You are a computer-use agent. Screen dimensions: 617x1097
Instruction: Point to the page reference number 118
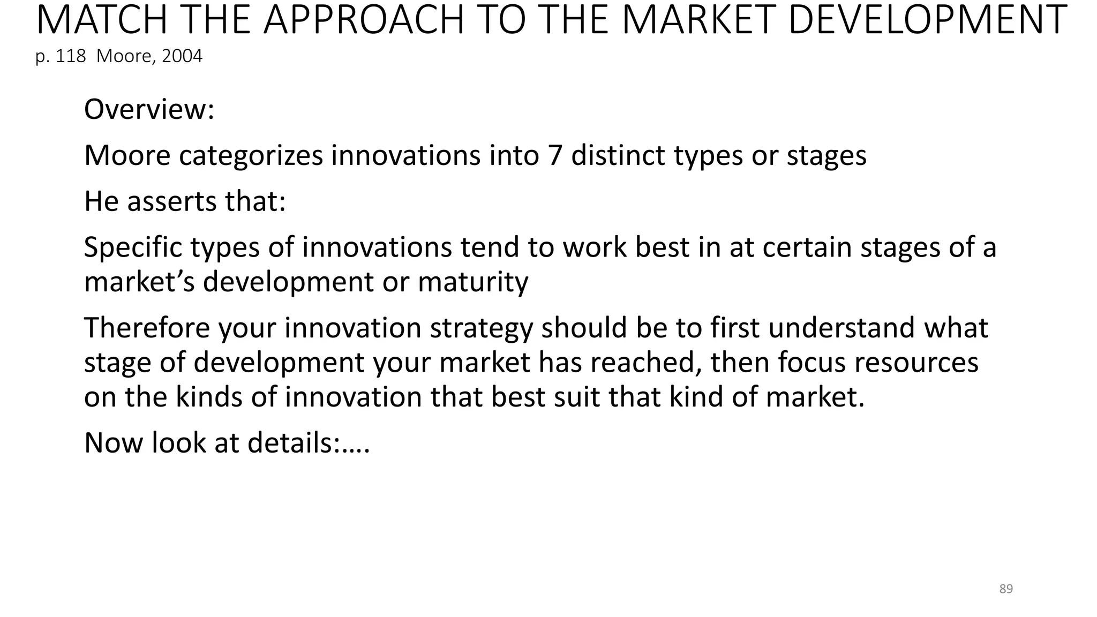(x=71, y=56)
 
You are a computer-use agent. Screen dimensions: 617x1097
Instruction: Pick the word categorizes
(x=251, y=155)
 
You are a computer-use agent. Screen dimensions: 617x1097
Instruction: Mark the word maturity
(x=473, y=282)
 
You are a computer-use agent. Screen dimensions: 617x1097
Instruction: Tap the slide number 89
(x=1006, y=589)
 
